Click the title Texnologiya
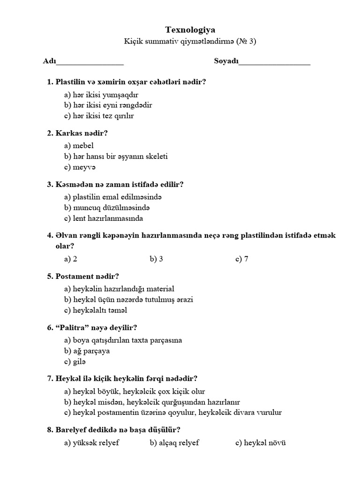pyautogui.click(x=190, y=30)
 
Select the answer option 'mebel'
pyautogui.click(x=79, y=146)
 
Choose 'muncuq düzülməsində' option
pyautogui.click(x=107, y=207)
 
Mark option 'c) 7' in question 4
pyautogui.click(x=242, y=259)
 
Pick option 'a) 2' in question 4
pyautogui.click(x=71, y=259)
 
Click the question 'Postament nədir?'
pyautogui.click(x=83, y=276)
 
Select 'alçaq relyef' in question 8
pyautogui.click(x=174, y=442)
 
